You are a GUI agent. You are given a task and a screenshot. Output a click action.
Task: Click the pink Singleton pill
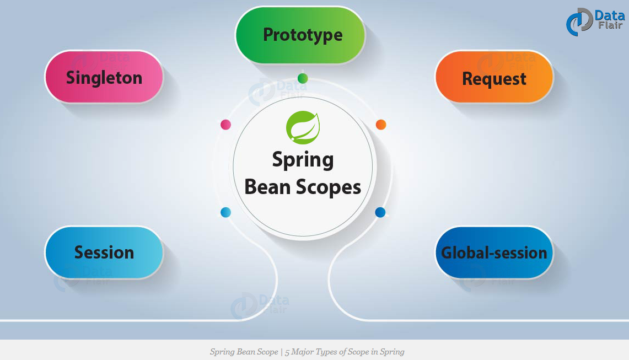tap(104, 77)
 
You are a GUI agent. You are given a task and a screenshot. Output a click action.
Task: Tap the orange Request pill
tap(494, 78)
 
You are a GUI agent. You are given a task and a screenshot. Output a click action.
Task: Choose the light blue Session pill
tap(104, 252)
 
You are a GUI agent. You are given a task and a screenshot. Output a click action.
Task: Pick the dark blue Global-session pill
tap(494, 252)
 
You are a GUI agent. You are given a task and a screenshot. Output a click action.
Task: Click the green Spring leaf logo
tap(303, 127)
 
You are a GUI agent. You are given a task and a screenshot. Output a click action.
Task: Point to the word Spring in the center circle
tap(303, 160)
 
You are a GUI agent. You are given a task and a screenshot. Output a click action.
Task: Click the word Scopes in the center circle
tap(329, 187)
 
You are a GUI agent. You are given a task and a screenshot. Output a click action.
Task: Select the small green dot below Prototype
tap(303, 78)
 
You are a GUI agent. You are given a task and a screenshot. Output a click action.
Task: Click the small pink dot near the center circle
tap(225, 125)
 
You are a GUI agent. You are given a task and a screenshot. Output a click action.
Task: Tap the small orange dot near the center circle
tap(380, 125)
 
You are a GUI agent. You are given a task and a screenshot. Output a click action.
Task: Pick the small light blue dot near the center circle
tap(225, 212)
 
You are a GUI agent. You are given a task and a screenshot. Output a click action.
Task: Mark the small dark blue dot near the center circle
tap(380, 212)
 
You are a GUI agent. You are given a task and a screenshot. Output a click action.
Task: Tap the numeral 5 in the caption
tap(287, 352)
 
